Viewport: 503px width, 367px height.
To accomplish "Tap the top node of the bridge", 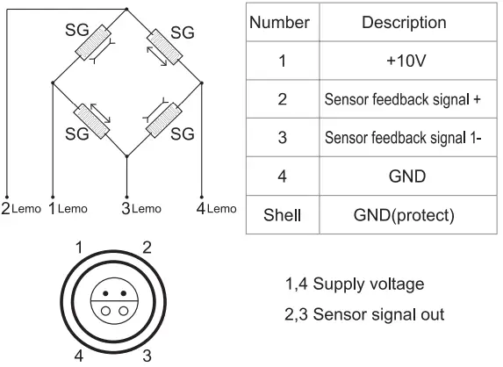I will (127, 11).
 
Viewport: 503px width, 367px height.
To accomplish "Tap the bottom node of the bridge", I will (127, 156).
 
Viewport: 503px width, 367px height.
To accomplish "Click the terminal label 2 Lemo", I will (21, 209).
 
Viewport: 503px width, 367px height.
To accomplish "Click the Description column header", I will (404, 23).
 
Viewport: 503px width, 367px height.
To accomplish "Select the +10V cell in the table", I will (404, 61).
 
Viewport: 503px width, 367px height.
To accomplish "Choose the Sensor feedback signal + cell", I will (403, 99).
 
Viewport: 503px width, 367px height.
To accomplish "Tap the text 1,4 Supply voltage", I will (355, 284).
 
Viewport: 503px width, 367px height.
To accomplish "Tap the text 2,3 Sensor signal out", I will (364, 313).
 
